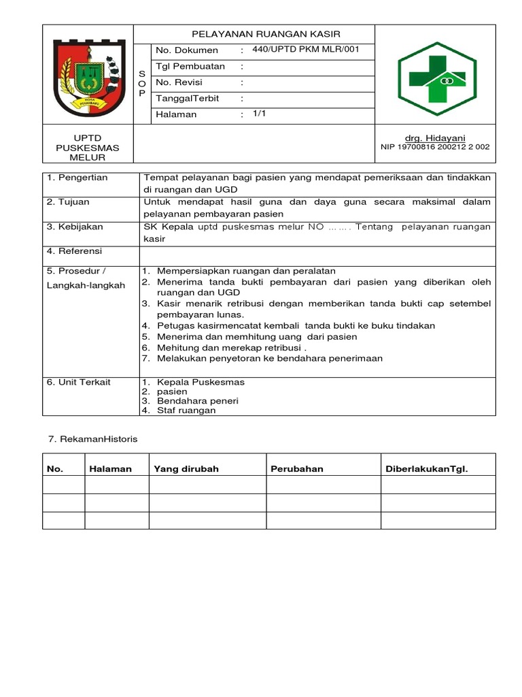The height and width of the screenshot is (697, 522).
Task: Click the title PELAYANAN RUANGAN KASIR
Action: click(x=266, y=34)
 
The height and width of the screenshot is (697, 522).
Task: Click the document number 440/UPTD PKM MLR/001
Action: click(x=305, y=50)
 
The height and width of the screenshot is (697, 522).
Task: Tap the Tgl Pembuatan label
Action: click(x=190, y=67)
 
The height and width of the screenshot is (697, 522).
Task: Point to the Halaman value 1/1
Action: click(x=260, y=114)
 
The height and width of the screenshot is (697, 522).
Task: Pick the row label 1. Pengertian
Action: click(x=77, y=178)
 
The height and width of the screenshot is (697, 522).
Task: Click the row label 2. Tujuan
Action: click(x=68, y=202)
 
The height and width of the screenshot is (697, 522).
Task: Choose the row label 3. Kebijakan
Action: click(x=73, y=227)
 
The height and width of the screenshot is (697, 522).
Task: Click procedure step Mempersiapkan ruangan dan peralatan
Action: click(x=246, y=271)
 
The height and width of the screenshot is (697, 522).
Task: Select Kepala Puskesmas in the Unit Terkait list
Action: click(x=201, y=382)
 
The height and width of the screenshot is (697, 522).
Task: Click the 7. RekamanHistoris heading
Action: click(x=92, y=439)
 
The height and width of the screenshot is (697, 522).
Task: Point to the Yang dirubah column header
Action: click(x=186, y=469)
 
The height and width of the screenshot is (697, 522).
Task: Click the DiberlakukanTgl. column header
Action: click(x=427, y=469)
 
